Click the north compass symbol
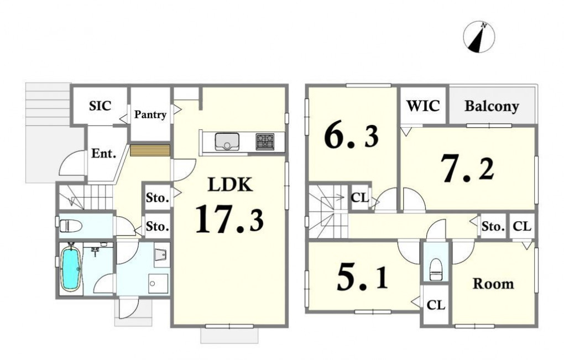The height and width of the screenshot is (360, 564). [479, 37]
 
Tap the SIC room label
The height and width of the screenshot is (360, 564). [100, 106]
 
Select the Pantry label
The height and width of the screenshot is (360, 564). [150, 114]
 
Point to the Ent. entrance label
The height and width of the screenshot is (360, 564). [103, 154]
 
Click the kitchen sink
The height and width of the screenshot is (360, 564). [227, 142]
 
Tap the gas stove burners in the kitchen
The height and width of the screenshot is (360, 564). [265, 142]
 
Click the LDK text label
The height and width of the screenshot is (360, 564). [230, 185]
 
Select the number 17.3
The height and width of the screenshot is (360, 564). [229, 218]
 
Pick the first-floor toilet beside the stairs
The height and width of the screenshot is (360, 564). [71, 226]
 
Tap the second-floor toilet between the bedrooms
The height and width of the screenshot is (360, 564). [436, 269]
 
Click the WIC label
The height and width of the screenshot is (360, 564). [423, 106]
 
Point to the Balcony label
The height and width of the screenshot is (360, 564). [492, 107]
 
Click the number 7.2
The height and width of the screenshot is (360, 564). [468, 168]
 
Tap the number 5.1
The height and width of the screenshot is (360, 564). [362, 278]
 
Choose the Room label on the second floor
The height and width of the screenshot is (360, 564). [493, 284]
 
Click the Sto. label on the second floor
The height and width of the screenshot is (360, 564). [493, 227]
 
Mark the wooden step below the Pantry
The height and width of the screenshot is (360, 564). [150, 150]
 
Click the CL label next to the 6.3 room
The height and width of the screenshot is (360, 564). [360, 197]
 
